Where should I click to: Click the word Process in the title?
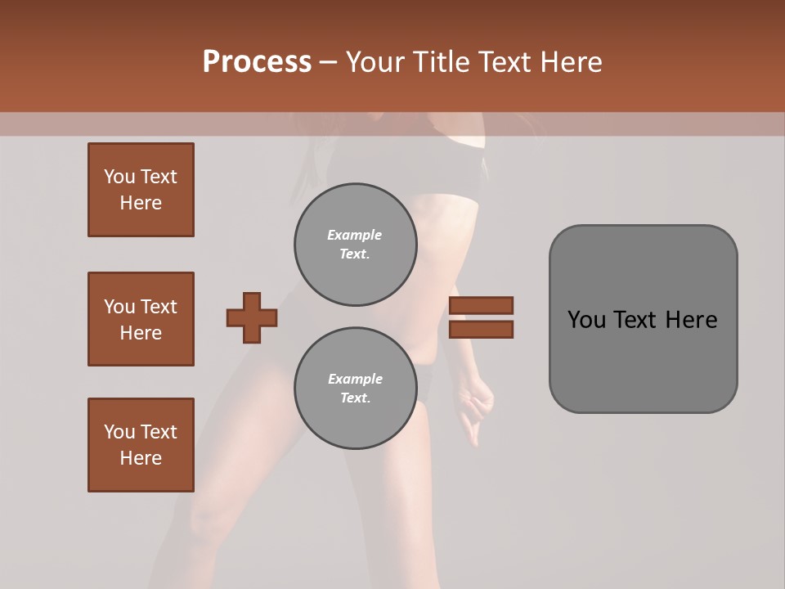click(x=257, y=62)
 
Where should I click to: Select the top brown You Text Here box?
click(x=141, y=190)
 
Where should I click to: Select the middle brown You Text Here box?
click(x=141, y=319)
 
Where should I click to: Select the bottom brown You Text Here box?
click(x=141, y=445)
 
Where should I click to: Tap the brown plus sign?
click(x=252, y=317)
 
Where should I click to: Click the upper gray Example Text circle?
click(x=356, y=245)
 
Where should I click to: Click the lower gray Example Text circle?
click(x=356, y=389)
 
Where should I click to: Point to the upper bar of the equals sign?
click(x=481, y=305)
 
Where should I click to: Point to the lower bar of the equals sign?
click(x=481, y=329)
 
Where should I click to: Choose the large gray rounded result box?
click(x=643, y=319)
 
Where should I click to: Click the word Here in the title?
click(x=572, y=62)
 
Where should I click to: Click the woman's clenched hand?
click(x=478, y=405)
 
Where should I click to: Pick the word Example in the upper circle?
click(x=355, y=235)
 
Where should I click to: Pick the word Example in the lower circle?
click(x=355, y=379)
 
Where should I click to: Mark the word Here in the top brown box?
click(x=141, y=203)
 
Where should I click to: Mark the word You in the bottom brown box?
click(x=119, y=432)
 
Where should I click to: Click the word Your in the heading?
click(x=375, y=62)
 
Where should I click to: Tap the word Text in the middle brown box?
click(x=158, y=307)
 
